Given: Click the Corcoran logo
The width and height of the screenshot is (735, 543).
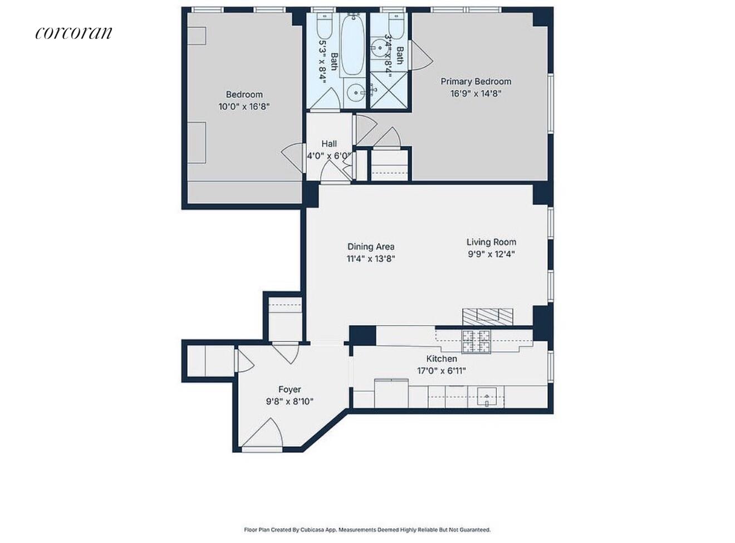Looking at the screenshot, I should pos(73,33).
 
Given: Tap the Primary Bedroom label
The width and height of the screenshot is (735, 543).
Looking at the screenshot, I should pos(476,81).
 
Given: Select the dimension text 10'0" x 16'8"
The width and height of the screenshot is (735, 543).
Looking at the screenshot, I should pos(244,106).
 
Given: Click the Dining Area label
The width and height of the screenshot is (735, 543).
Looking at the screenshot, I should pos(371,247).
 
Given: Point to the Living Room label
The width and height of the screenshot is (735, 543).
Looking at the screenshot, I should pos(491,242).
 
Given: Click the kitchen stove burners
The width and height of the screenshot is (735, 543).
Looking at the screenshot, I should pos(477,341).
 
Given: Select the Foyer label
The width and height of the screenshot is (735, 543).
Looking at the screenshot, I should pos(290,389).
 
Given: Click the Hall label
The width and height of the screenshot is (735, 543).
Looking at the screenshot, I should pos(329,144).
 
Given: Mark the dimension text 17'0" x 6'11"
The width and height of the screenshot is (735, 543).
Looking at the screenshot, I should pos(442,370).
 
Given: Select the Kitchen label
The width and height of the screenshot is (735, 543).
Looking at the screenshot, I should pos(442,359).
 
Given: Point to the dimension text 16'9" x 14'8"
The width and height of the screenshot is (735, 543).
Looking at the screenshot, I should pos(476,94).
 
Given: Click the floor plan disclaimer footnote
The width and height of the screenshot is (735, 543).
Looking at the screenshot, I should pos(367,530).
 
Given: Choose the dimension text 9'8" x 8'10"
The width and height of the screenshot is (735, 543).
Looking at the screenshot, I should pos(290,401).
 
